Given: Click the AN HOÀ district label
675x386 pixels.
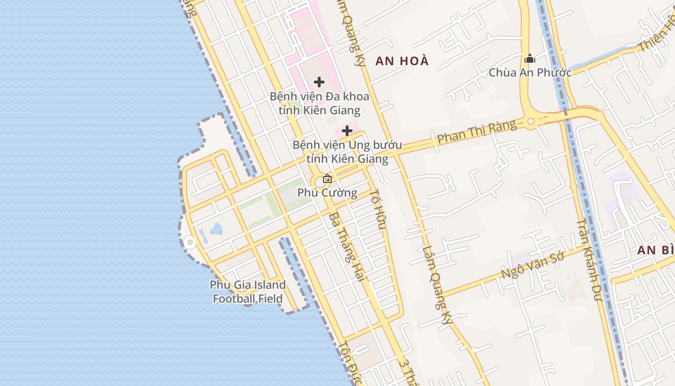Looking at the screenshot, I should click(x=402, y=61).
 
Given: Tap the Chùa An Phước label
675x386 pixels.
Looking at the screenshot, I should click(x=530, y=73).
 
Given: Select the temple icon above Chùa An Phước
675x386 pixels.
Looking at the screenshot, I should click(x=530, y=59).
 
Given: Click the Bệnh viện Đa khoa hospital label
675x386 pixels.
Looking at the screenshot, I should click(x=319, y=103).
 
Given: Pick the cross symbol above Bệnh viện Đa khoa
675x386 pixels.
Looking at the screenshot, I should click(x=319, y=82).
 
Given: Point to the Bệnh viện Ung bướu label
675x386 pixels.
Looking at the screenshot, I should click(x=347, y=152).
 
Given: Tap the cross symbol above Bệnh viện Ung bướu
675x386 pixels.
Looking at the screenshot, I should click(x=347, y=131).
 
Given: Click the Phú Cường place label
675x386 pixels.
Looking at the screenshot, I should click(x=327, y=193).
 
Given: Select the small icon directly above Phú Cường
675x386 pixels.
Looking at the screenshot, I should click(x=327, y=179).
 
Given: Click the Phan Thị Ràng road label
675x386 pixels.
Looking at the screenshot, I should click(x=476, y=132).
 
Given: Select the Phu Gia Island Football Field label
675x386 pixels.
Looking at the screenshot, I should click(x=248, y=292).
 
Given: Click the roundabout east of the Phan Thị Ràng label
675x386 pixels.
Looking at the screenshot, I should click(x=531, y=122).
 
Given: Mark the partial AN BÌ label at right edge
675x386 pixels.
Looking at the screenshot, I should click(x=656, y=250).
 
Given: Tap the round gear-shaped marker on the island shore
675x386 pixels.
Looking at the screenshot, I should click(x=189, y=242).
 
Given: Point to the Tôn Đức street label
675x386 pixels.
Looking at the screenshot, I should click(x=351, y=364).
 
